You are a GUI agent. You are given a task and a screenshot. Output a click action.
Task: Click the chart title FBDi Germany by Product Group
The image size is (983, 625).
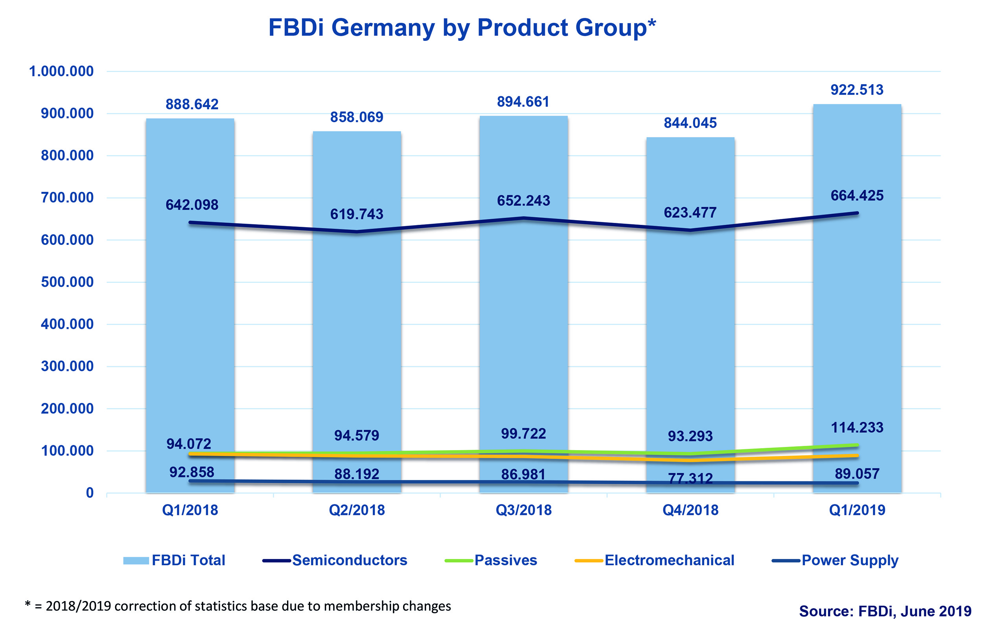[462, 28]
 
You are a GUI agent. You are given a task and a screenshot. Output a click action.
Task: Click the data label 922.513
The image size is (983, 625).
[857, 90]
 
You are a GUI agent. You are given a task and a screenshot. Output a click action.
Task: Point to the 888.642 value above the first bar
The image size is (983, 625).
[192, 105]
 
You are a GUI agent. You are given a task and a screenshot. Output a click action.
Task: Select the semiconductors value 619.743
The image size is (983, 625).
[356, 214]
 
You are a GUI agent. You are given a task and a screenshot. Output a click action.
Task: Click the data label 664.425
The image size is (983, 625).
[857, 195]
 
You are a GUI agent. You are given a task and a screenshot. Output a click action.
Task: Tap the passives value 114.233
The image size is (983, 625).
[857, 427]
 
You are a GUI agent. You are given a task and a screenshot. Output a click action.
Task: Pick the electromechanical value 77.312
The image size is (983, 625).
[690, 478]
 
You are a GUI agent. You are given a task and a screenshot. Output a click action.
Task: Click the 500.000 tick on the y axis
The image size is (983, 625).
[67, 282]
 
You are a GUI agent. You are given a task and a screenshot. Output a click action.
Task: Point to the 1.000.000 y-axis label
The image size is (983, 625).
[61, 72]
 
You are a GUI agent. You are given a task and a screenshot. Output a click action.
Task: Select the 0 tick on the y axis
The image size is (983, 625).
[90, 493]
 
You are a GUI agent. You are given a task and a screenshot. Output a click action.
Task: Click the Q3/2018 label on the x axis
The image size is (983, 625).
[523, 510]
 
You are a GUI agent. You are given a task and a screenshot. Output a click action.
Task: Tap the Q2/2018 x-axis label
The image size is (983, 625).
[356, 510]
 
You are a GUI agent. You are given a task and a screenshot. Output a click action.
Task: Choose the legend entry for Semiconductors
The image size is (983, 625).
[350, 560]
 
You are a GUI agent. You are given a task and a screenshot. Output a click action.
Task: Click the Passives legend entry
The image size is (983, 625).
[505, 560]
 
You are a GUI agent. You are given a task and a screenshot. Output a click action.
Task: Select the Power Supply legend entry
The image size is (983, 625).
[850, 560]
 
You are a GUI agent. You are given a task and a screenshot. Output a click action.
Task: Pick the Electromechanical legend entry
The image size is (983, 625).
[669, 560]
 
